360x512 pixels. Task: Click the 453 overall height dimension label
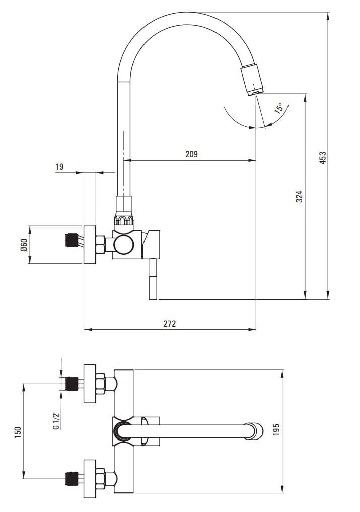[x=323, y=157]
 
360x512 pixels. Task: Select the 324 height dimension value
[x=299, y=196]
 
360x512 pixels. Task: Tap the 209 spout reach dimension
[x=191, y=154]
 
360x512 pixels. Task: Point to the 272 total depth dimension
[x=170, y=323]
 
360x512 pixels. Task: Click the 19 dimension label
[x=59, y=167]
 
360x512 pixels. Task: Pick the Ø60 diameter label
[x=23, y=245]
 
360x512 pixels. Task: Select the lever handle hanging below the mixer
[x=153, y=285]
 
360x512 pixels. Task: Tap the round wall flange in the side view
[x=90, y=244]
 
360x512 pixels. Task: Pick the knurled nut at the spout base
[x=124, y=221]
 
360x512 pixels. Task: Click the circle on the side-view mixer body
[x=123, y=245]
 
